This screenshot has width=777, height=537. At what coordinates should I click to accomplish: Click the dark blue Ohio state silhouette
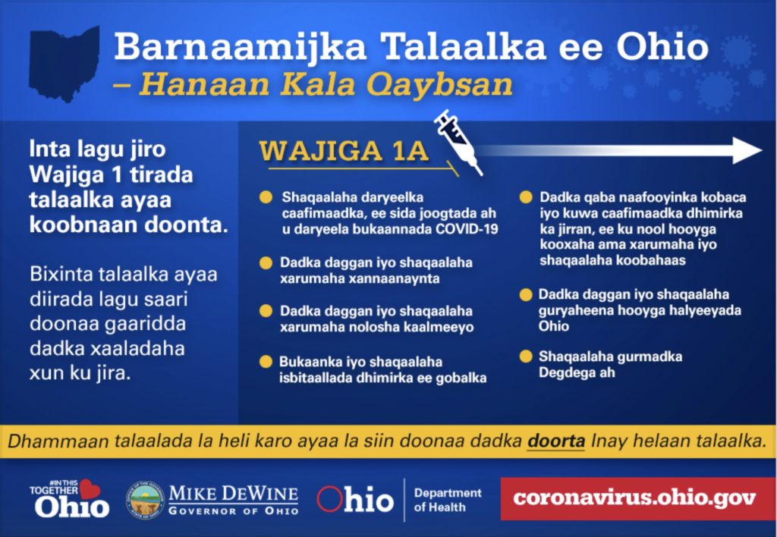coord(64,64)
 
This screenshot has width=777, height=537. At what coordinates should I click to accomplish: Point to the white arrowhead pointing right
coord(747,150)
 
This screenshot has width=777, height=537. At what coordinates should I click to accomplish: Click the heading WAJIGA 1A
coord(344,151)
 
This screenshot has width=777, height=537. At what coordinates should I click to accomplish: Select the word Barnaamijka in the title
coord(241,46)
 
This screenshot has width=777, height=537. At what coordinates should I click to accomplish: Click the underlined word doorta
coord(555,441)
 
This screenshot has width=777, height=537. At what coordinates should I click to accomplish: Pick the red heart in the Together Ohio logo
coord(90,489)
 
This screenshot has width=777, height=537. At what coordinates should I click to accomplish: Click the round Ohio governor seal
coord(145,500)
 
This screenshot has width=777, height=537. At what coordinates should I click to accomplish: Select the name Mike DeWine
coord(234,494)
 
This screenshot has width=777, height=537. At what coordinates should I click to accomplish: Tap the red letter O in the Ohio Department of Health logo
coord(329,499)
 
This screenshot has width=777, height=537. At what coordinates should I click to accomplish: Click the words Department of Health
coord(448,500)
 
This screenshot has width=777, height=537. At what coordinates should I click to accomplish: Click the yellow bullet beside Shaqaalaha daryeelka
coord(266,197)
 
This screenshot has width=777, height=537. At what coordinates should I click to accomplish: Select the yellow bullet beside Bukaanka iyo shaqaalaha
coord(266,362)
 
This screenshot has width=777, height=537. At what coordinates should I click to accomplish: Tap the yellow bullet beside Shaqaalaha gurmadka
coord(526,356)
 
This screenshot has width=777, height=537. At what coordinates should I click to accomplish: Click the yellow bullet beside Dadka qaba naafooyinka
coord(526,197)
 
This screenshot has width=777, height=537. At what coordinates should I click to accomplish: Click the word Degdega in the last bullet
coord(562,372)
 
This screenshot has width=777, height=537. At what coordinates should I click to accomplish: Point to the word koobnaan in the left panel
coord(83,225)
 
